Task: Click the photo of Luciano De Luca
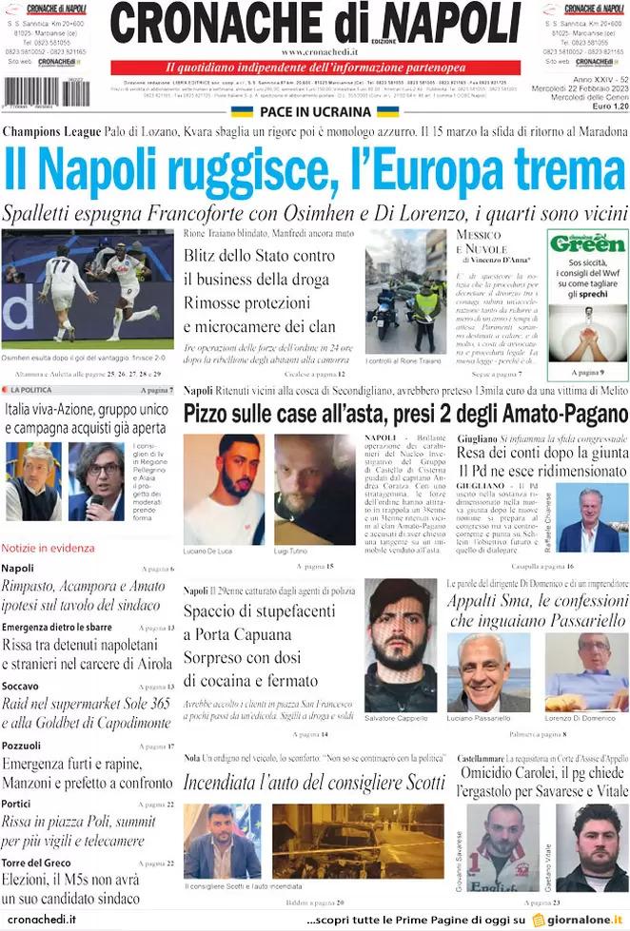[224, 490]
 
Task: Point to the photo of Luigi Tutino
[314, 490]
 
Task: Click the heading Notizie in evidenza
[48, 549]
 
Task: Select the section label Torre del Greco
[35, 863]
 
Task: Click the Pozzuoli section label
[22, 746]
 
